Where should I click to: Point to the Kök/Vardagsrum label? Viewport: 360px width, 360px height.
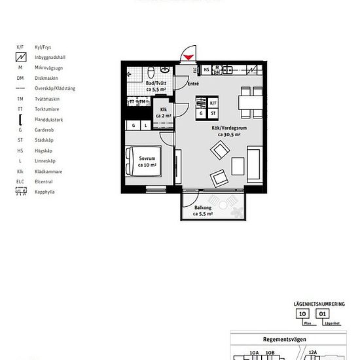(226, 131)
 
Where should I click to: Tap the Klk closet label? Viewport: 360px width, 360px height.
(163, 113)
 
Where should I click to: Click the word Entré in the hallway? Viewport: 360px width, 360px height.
(192, 84)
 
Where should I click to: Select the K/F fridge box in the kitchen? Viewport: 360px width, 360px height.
(213, 103)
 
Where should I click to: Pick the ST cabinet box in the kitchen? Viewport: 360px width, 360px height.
(213, 113)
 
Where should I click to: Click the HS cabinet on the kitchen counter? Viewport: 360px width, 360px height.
(206, 69)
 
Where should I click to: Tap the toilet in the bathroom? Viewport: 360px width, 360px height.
(151, 71)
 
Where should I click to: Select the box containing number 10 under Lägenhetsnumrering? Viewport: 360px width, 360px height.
(302, 314)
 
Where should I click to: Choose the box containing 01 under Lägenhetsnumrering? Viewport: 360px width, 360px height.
(321, 314)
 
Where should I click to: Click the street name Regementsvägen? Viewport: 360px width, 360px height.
(289, 339)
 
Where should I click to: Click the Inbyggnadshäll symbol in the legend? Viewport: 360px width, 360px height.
(21, 58)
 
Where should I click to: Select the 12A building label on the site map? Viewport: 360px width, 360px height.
(313, 353)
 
